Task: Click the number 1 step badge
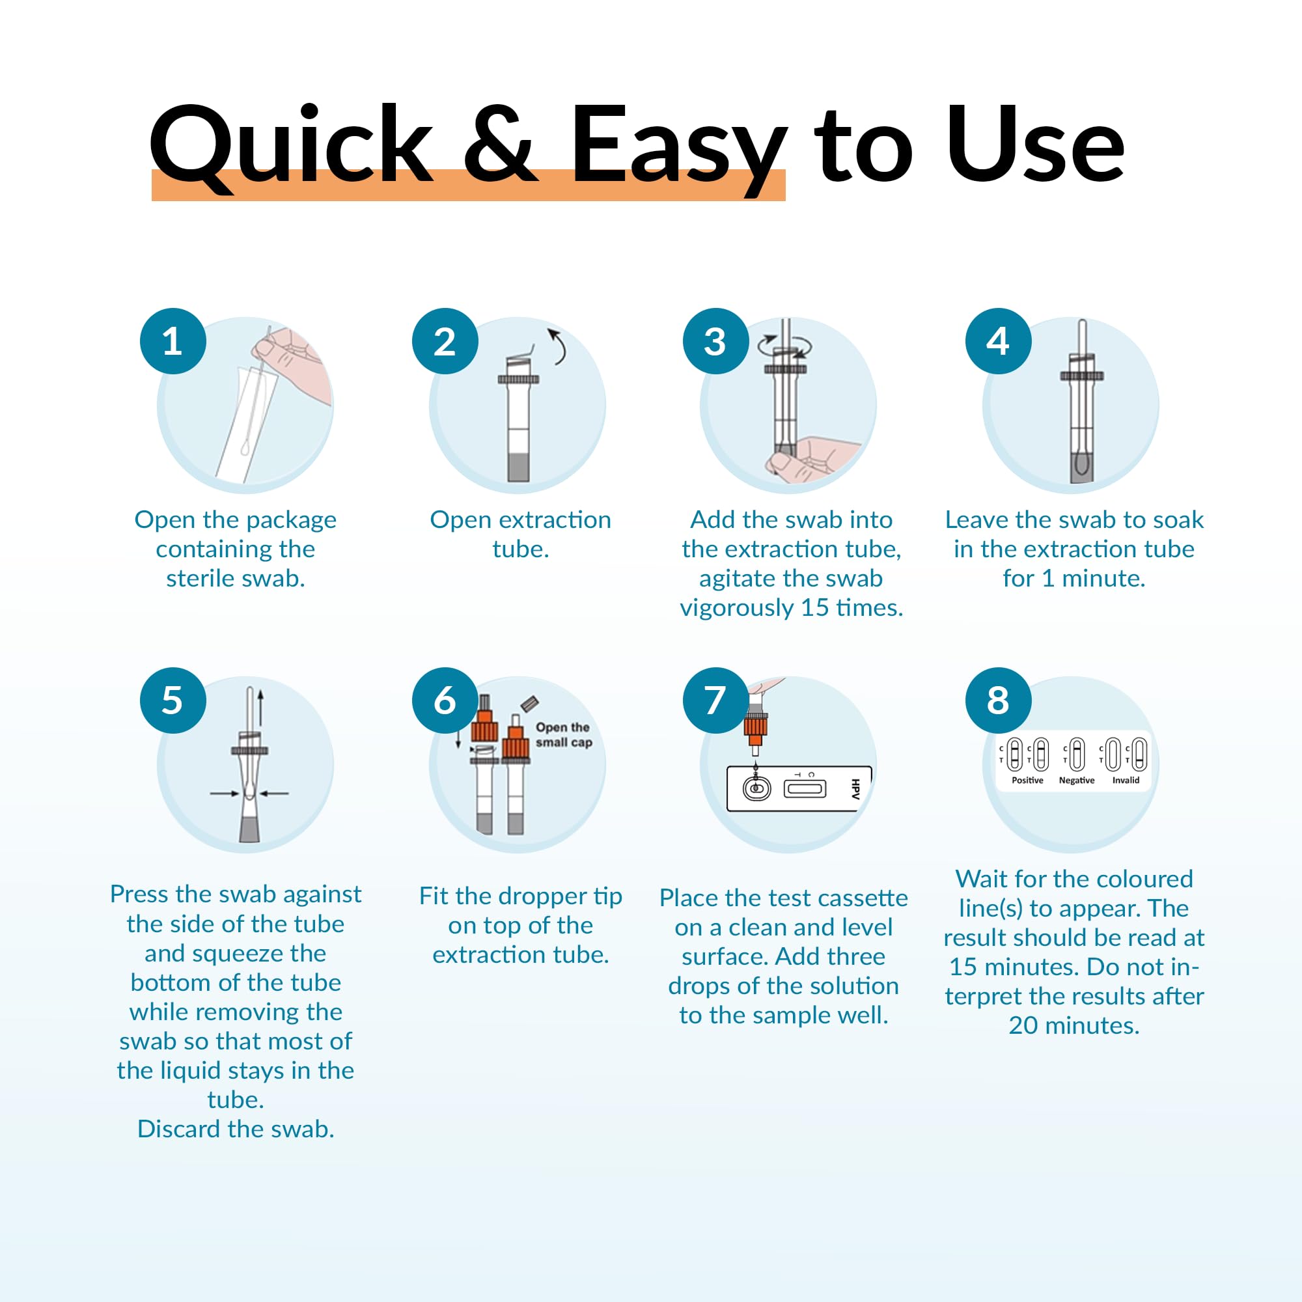[x=173, y=341]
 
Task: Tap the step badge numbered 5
[x=173, y=700]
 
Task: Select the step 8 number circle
[x=998, y=700]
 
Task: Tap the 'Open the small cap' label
[x=563, y=734]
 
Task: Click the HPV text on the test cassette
[x=855, y=788]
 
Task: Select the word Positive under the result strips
[x=1027, y=781]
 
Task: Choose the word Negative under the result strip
[x=1076, y=781]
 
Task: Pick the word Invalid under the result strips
[x=1126, y=781]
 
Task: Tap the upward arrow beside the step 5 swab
[x=261, y=708]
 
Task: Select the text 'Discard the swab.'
[x=235, y=1129]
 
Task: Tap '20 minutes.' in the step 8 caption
[x=1073, y=1025]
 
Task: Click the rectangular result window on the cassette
[x=805, y=788]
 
